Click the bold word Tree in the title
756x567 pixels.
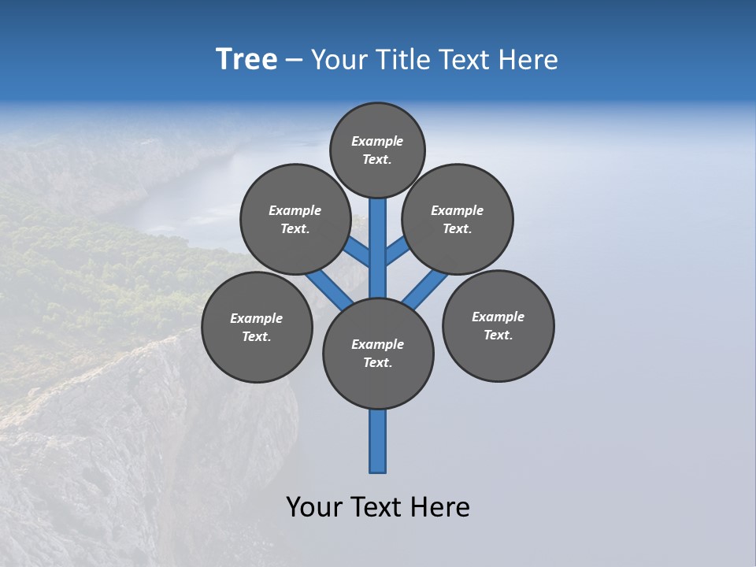[x=246, y=60]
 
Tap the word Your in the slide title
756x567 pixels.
[x=338, y=60]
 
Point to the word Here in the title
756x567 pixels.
[x=529, y=60]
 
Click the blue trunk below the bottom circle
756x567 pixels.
[x=378, y=441]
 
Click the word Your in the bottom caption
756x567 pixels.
[x=314, y=507]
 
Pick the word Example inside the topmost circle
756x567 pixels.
[x=377, y=142]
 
